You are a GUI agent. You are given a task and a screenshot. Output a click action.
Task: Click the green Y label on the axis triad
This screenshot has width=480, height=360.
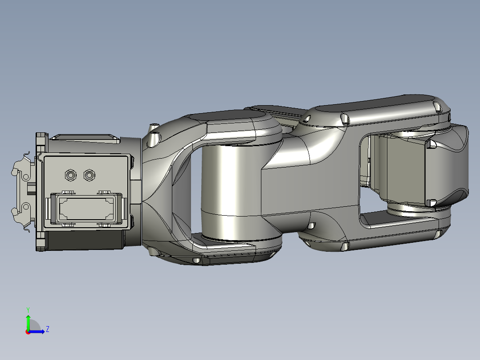tap(28, 309)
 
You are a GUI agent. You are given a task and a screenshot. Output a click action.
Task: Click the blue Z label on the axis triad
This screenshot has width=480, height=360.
tap(47, 329)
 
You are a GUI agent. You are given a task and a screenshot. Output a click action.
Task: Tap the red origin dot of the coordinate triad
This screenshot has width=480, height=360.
tap(28, 332)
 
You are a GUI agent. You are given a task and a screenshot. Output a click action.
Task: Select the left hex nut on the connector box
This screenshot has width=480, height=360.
tap(70, 175)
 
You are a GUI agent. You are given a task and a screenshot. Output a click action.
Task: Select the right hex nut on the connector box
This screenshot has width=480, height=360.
tap(89, 175)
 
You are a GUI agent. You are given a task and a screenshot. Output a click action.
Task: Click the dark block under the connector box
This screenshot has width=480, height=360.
tap(85, 240)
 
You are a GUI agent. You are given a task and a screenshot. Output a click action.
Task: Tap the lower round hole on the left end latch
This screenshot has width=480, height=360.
tap(25, 207)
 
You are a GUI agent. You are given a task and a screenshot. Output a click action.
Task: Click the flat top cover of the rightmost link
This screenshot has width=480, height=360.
tap(378, 103)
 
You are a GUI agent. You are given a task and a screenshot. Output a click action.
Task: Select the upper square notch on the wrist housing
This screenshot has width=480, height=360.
tap(431, 144)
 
